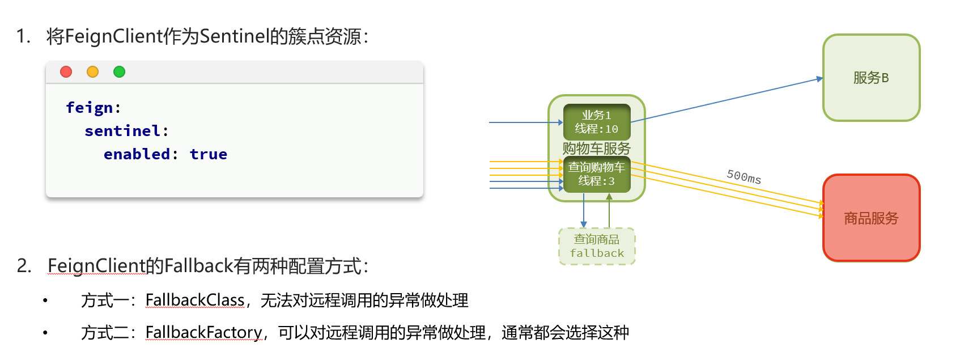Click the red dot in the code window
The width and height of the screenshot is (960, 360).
click(x=66, y=72)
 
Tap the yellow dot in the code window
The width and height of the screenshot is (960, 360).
click(x=92, y=72)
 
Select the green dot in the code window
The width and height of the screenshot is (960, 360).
click(x=119, y=72)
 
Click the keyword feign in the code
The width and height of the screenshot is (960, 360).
click(x=89, y=108)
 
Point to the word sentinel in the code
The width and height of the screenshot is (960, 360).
click(x=122, y=131)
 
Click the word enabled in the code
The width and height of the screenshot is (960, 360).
click(x=137, y=154)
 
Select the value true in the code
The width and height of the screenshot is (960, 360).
click(x=208, y=154)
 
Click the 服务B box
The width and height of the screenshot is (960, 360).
click(x=871, y=78)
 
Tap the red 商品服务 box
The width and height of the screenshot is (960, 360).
click(x=871, y=218)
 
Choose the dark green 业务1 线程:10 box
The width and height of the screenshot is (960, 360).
click(x=597, y=122)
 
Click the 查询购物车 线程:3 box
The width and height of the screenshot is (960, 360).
click(x=597, y=175)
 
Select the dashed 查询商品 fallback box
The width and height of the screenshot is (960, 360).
click(x=597, y=246)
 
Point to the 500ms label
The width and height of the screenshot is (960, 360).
click(x=744, y=176)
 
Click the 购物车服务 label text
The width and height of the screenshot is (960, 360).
click(x=597, y=149)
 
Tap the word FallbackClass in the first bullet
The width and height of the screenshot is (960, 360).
click(x=195, y=300)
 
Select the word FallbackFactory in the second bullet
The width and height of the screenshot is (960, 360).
click(x=204, y=332)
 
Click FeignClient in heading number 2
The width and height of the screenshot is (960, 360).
click(x=97, y=265)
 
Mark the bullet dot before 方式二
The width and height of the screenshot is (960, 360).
click(x=45, y=333)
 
